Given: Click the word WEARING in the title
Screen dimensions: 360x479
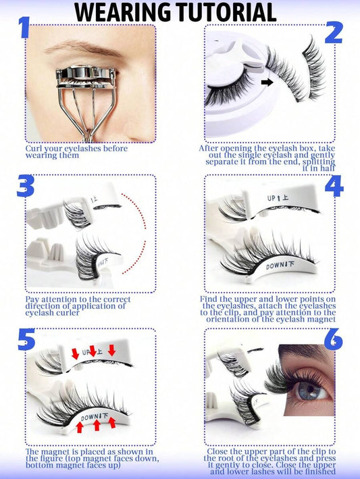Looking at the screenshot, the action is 124,12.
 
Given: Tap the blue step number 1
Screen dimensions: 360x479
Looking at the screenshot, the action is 24,28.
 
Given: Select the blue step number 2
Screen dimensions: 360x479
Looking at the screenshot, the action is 334,32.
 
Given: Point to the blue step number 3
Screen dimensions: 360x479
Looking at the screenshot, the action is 26,185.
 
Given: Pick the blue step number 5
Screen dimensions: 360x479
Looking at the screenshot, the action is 26,339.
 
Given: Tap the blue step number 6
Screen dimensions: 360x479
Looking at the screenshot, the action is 334,339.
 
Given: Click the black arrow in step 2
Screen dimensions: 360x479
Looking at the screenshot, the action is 267,82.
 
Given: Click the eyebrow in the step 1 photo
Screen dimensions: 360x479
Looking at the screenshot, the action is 82,48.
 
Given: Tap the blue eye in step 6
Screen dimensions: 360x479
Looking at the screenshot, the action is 309,390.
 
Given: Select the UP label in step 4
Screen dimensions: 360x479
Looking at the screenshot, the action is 272,199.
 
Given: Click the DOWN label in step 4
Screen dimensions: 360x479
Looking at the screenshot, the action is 275,266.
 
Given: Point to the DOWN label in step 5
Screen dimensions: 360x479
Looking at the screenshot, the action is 91,417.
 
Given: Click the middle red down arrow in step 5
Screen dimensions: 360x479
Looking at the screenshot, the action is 93,351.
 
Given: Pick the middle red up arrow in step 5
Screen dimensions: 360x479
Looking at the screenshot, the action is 97,425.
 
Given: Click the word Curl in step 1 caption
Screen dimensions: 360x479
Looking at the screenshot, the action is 34,149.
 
